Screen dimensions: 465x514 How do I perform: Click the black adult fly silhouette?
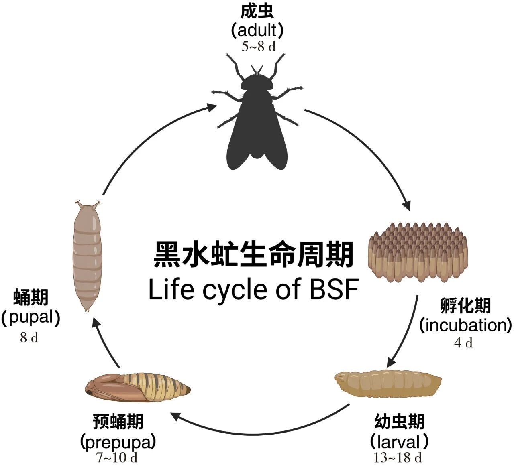coord(257,120)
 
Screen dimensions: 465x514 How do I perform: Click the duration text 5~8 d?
coord(258,47)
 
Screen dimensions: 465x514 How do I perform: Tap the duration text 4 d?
coord(463,343)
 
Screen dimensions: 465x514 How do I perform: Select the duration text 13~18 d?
coord(398,457)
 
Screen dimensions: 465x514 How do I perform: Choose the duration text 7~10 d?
coord(117,458)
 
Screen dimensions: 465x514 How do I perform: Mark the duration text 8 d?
coord(29,338)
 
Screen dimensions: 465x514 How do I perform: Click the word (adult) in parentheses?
coord(257,30)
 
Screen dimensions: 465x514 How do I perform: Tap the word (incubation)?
coord(465,325)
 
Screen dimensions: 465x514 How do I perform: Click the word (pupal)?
coord(31,318)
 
